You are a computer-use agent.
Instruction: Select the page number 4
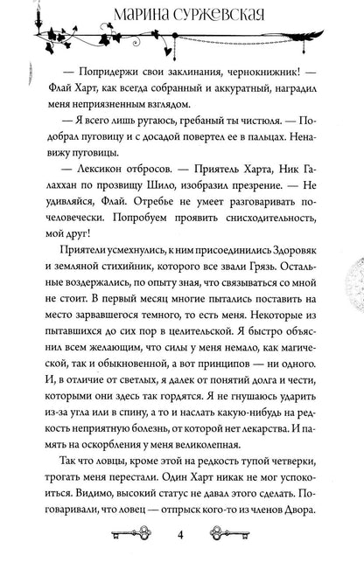tap(182, 535)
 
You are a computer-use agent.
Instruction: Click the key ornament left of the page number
tap(131, 535)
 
